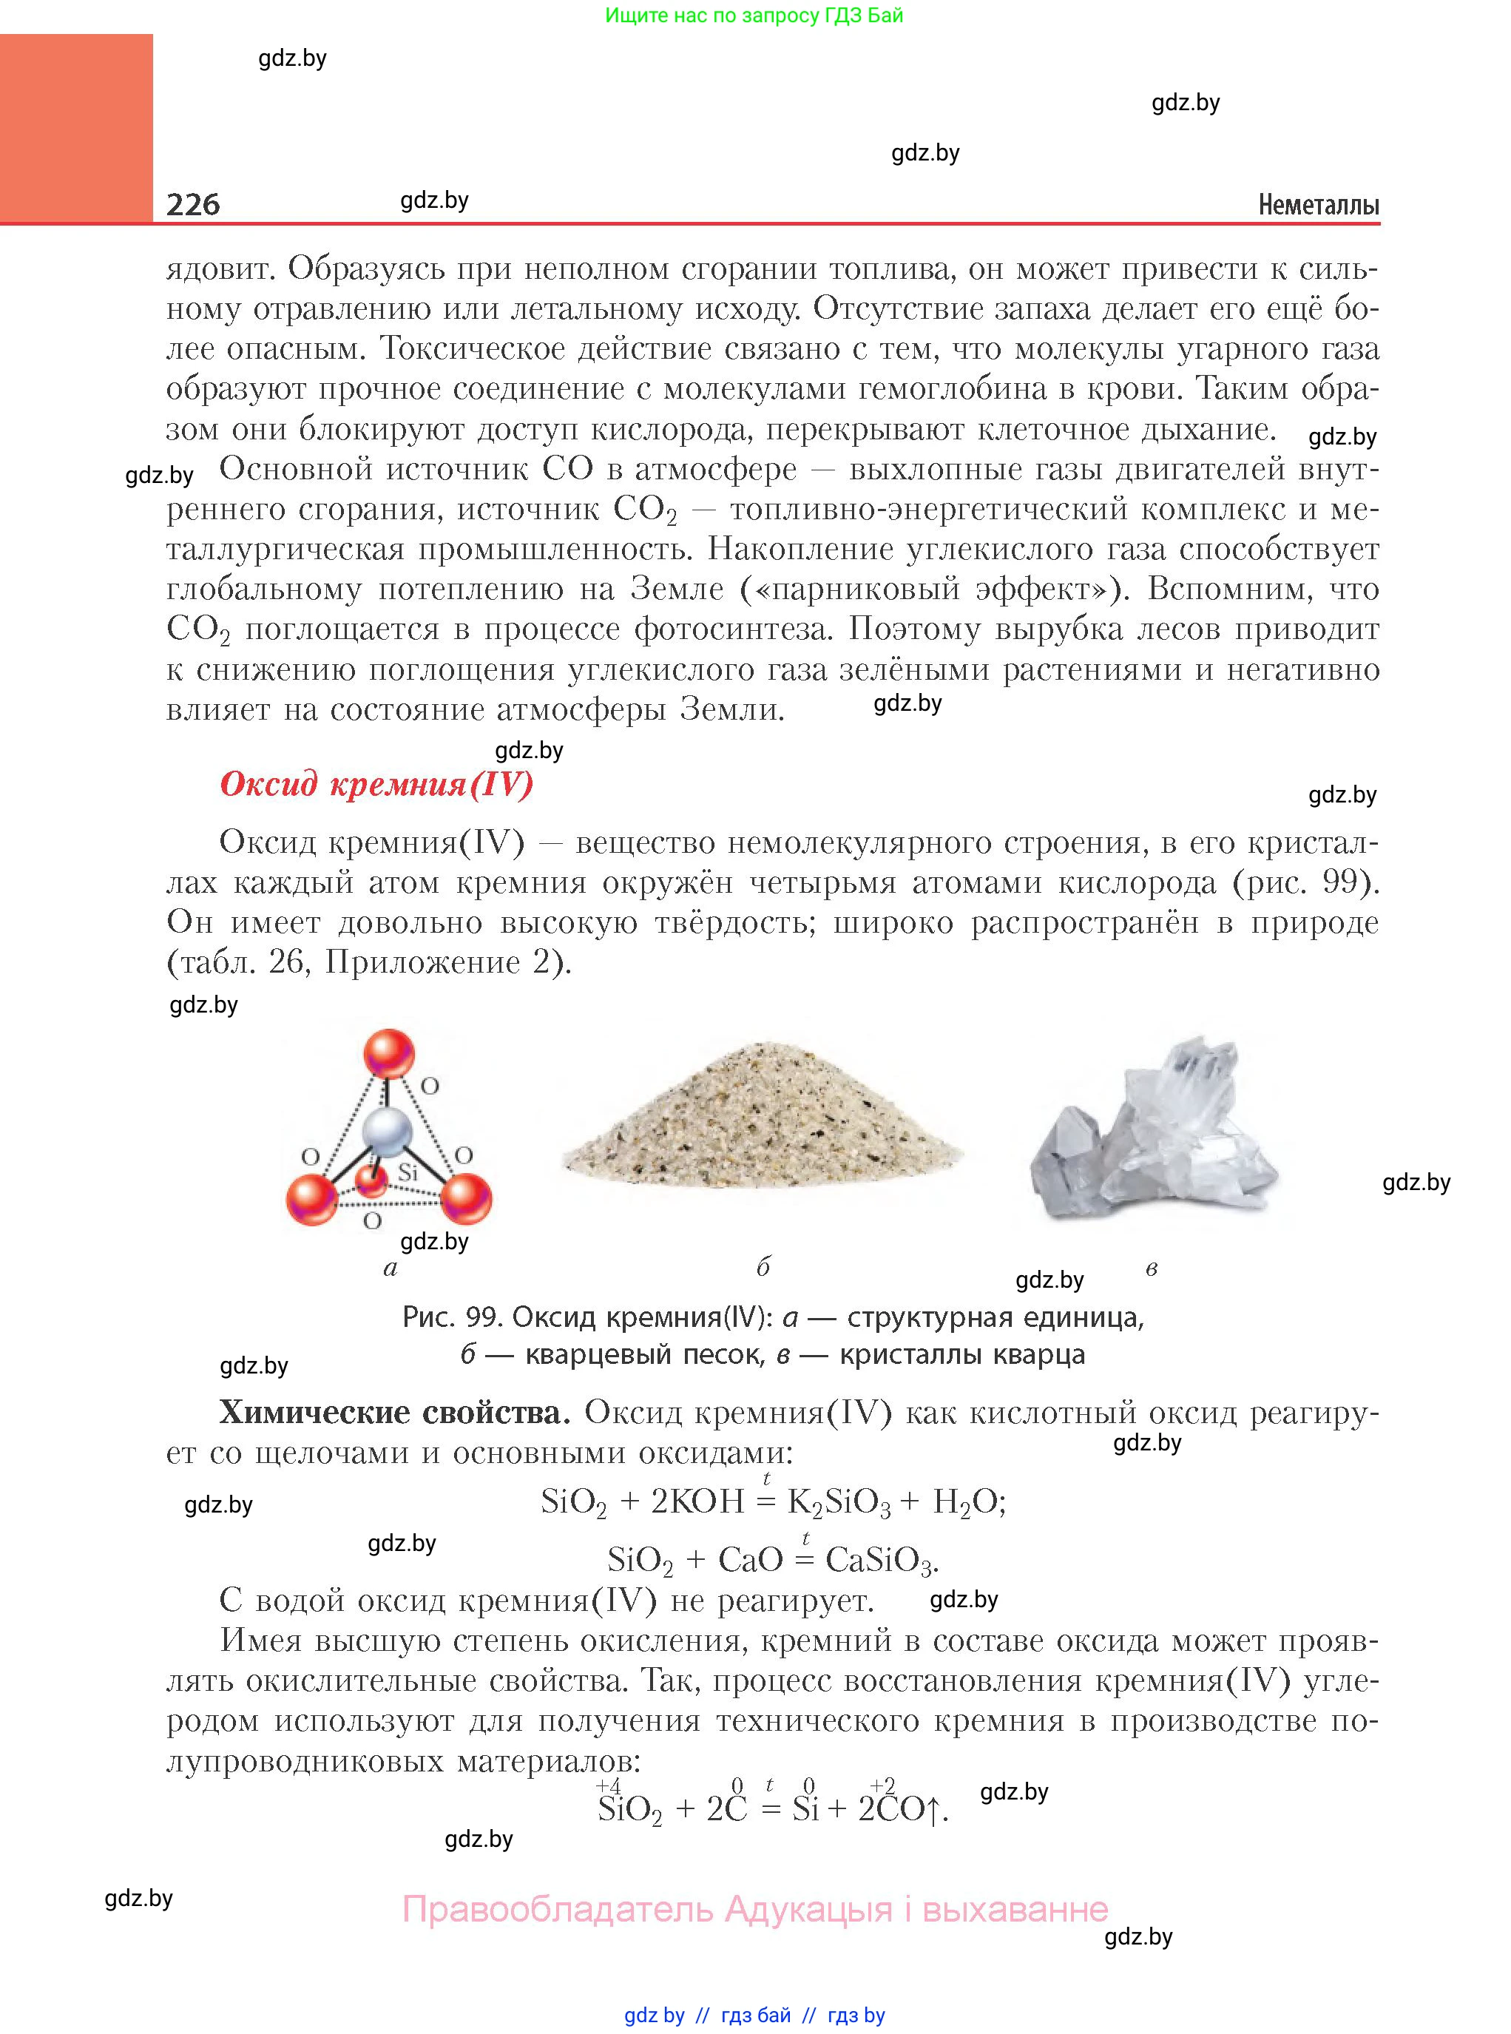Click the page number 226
pos(193,203)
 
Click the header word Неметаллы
pos(1318,205)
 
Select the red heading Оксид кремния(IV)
pos(376,784)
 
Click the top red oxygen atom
pos(390,1053)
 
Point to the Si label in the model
pos(408,1172)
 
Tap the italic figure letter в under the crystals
pos(1152,1268)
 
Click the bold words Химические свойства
pos(394,1413)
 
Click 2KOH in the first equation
pos(697,1501)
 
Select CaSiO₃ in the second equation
pos(881,1560)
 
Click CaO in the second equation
pos(751,1559)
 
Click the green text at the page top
pos(754,16)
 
